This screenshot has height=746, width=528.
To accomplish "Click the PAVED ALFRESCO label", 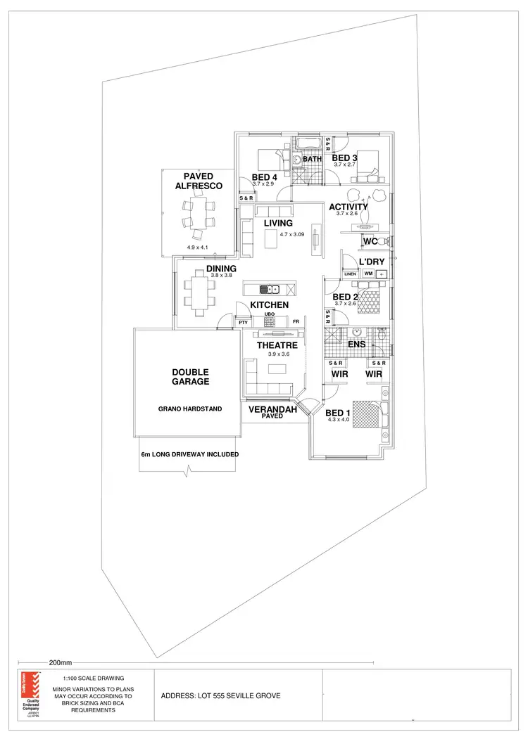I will tap(199, 181).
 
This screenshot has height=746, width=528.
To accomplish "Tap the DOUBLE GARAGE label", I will tap(190, 377).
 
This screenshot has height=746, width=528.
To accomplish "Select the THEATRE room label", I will tap(277, 345).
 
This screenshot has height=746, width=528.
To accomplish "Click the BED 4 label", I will tap(264, 177).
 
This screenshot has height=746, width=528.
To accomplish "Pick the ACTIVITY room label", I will tap(348, 207).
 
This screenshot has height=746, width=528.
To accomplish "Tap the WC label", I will tap(370, 242).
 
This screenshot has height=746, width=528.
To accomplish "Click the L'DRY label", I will tap(372, 262).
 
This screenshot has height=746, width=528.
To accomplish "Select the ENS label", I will tap(357, 345).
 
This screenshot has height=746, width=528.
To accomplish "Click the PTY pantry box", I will tap(243, 323).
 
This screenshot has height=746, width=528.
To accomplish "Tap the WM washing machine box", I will tap(368, 274).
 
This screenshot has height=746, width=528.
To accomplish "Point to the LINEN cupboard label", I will tap(350, 274).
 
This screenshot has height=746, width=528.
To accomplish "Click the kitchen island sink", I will tap(270, 289).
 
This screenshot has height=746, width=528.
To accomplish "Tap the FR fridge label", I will tap(296, 322).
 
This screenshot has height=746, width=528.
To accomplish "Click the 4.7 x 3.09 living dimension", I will tap(291, 233).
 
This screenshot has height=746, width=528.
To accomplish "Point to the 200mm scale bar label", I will tap(61, 662).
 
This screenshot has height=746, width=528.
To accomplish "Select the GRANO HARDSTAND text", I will tap(190, 408).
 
